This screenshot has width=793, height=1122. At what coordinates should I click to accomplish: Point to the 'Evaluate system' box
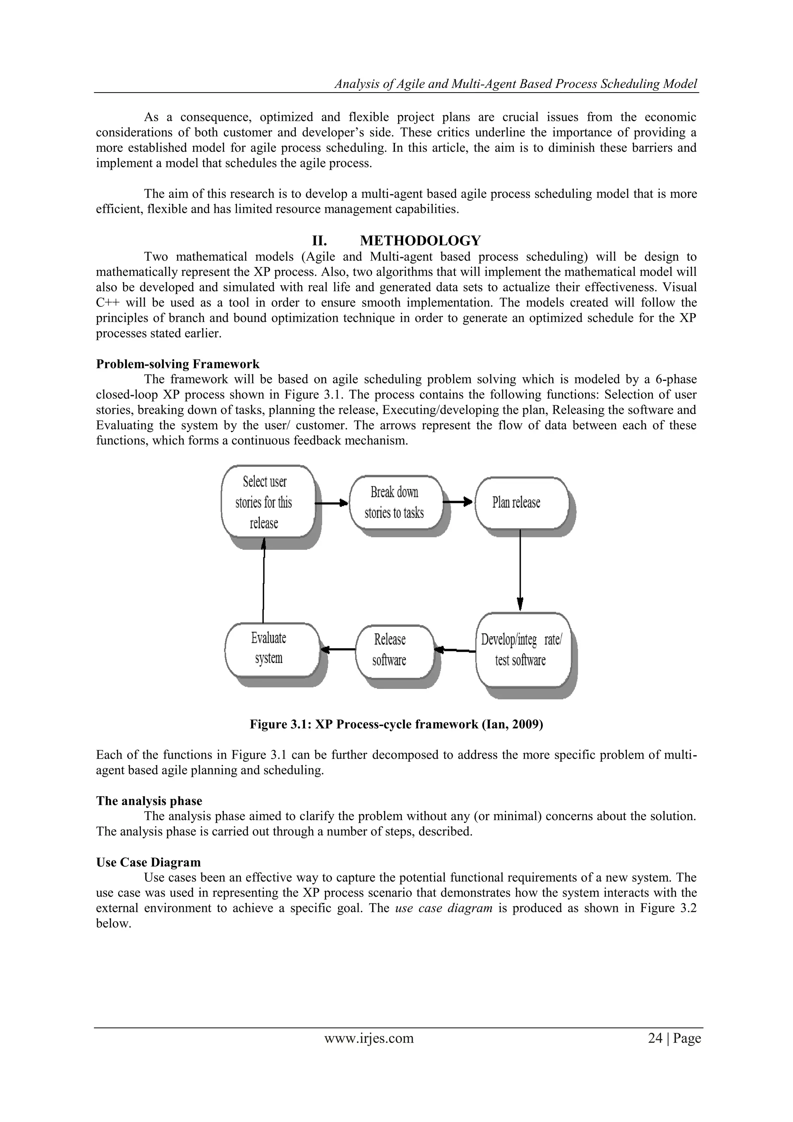[x=271, y=648]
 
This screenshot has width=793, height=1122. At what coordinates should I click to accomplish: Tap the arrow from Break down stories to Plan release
[x=458, y=502]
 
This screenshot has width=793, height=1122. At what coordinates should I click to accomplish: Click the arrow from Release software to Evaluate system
[x=338, y=649]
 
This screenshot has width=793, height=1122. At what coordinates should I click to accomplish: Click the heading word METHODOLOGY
[x=420, y=241]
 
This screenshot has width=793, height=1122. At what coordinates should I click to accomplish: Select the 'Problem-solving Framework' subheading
[x=178, y=364]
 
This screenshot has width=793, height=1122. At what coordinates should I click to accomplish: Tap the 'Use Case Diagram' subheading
[x=148, y=862]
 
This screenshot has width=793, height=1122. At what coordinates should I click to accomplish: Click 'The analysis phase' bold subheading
[x=149, y=801]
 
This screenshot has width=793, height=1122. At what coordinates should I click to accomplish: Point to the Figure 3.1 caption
[x=396, y=724]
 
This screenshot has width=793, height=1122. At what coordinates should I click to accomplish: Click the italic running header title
[x=516, y=84]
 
